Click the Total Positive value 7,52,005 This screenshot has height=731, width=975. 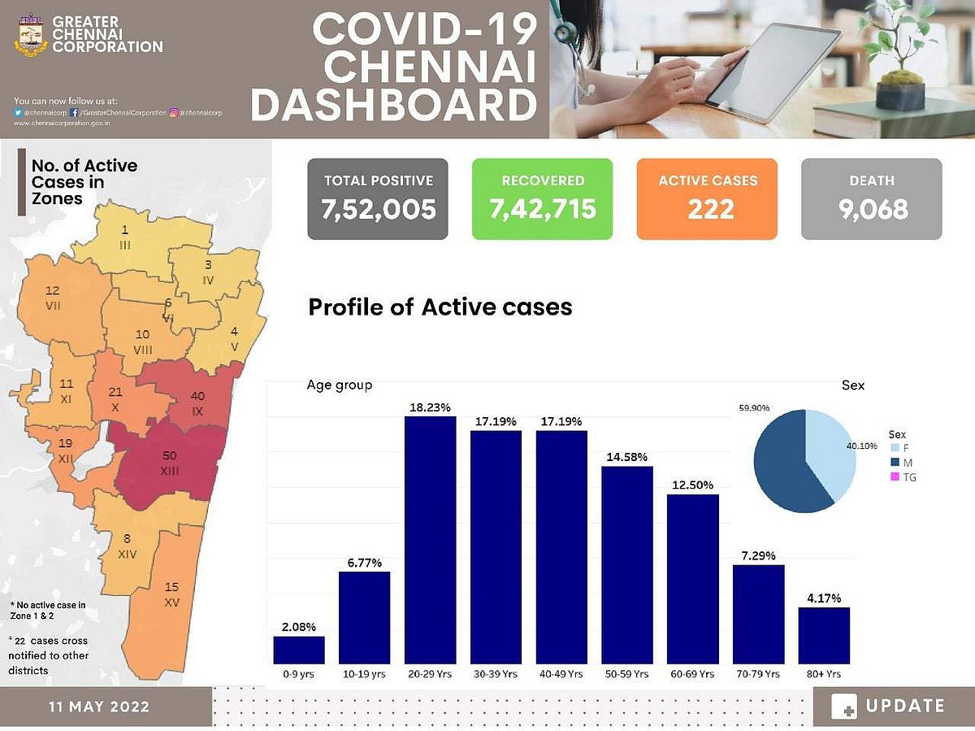click(x=378, y=210)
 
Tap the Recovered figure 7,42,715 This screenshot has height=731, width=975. click(x=542, y=210)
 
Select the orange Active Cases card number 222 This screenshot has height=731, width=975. click(x=707, y=210)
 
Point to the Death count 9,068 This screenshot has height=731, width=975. click(x=871, y=210)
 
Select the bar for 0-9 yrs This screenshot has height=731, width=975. click(x=299, y=650)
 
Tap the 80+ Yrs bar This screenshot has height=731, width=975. click(x=824, y=635)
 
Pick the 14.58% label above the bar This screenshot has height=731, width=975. click(x=626, y=457)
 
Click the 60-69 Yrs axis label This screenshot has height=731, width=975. click(x=692, y=674)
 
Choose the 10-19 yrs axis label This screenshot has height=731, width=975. click(x=364, y=674)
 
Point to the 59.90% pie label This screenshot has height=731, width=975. click(x=755, y=407)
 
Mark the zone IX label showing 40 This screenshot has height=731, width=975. click(x=197, y=402)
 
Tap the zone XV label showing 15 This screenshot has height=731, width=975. click(x=171, y=594)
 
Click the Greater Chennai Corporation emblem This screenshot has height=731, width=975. click(x=31, y=35)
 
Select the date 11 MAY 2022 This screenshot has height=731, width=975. click(x=98, y=707)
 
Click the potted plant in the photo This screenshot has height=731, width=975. click(x=902, y=57)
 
